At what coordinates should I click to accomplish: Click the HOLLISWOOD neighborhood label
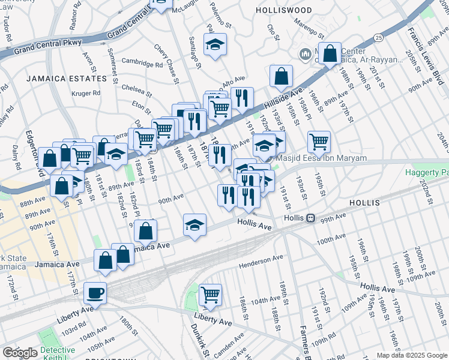pyautogui.click(x=283, y=10)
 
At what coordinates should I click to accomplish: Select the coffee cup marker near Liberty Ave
pyautogui.click(x=95, y=293)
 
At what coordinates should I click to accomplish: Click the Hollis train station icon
pyautogui.click(x=311, y=218)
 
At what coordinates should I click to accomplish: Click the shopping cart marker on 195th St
pyautogui.click(x=319, y=142)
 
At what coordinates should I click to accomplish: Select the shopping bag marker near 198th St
pyautogui.click(x=330, y=53)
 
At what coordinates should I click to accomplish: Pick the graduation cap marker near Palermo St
pyautogui.click(x=214, y=44)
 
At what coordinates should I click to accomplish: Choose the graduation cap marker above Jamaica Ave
pyautogui.click(x=194, y=225)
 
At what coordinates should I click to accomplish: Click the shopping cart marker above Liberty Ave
pyautogui.click(x=210, y=294)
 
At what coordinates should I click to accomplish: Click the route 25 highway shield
pyautogui.click(x=378, y=37)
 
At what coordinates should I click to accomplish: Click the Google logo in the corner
pyautogui.click(x=20, y=352)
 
